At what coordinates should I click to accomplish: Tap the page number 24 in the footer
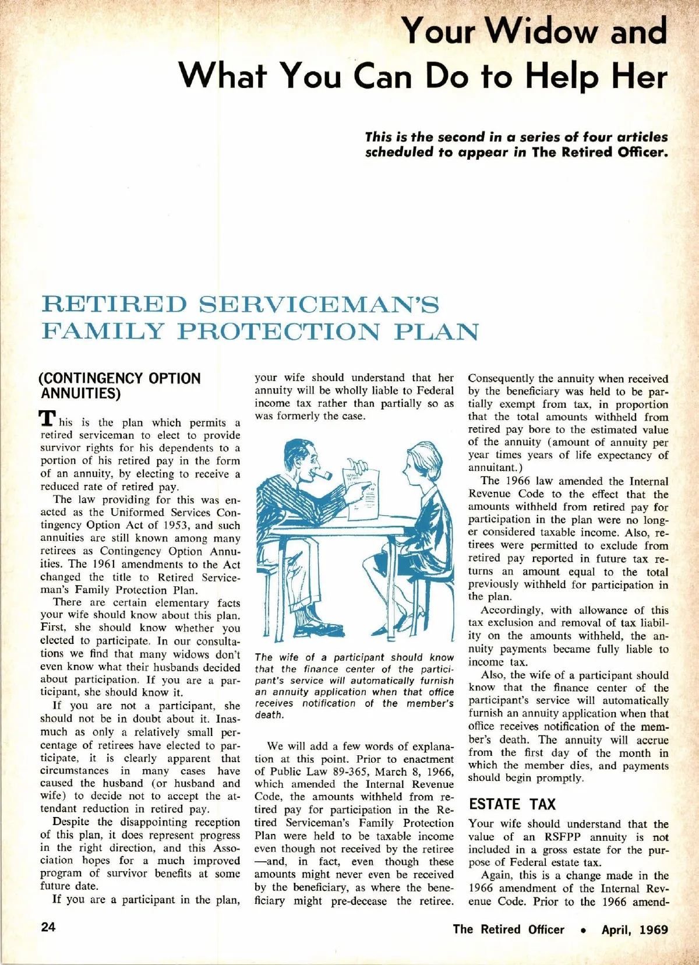(48, 927)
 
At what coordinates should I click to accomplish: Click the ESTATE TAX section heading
(512, 804)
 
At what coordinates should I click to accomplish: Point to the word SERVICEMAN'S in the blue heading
(319, 304)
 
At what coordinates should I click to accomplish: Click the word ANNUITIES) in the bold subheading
(80, 393)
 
